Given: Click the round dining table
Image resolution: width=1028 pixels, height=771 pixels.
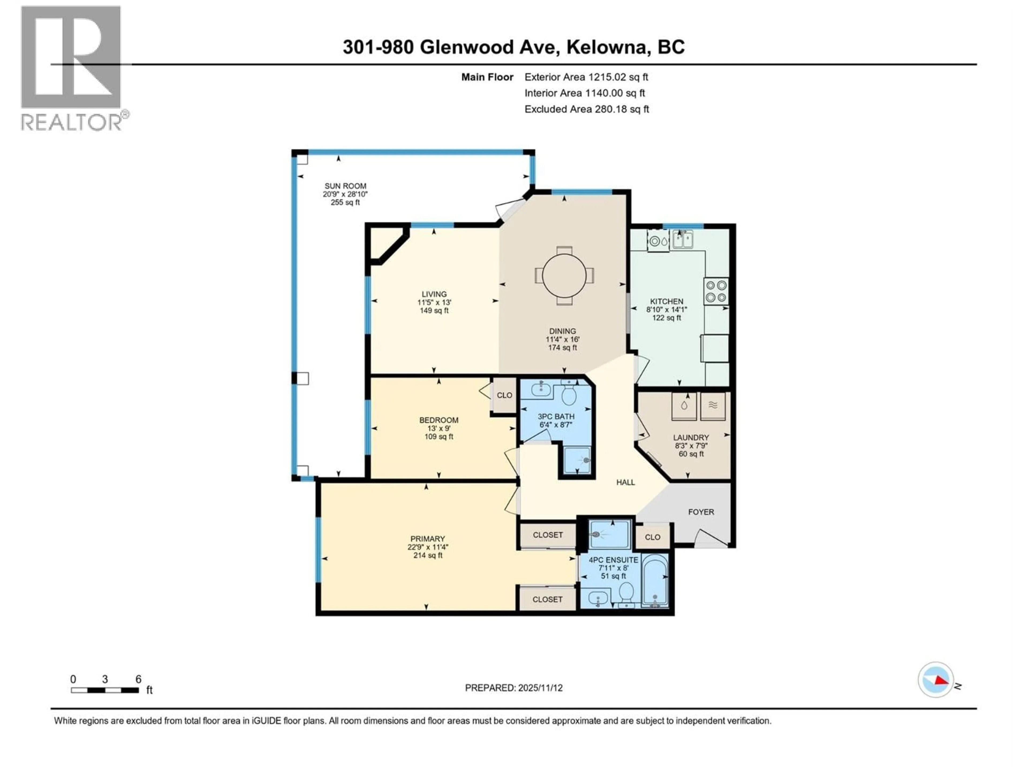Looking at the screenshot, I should tap(564, 275).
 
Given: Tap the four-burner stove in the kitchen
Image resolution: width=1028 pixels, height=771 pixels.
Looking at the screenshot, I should tap(716, 291).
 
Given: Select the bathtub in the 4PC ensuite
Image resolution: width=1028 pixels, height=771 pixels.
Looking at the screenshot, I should tap(655, 581).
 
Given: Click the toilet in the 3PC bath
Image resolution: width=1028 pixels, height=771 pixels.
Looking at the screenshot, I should tap(569, 395).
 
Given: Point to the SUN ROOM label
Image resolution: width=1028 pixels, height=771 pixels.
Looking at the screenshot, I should tap(345, 186).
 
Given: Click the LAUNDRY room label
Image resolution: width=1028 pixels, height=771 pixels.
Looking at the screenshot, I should tap(691, 437).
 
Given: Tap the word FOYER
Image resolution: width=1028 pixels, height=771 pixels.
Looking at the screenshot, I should tap(701, 512).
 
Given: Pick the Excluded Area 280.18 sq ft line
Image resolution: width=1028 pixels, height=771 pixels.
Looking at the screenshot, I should tap(587, 109).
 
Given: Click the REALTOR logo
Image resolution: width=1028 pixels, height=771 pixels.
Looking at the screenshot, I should tap(72, 69).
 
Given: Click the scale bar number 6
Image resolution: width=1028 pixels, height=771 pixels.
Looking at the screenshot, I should tap(138, 679).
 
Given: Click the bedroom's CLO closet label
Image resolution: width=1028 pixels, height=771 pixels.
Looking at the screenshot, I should tap(504, 395).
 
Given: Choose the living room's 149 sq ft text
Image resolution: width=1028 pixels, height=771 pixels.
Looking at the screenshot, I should tap(434, 311).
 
